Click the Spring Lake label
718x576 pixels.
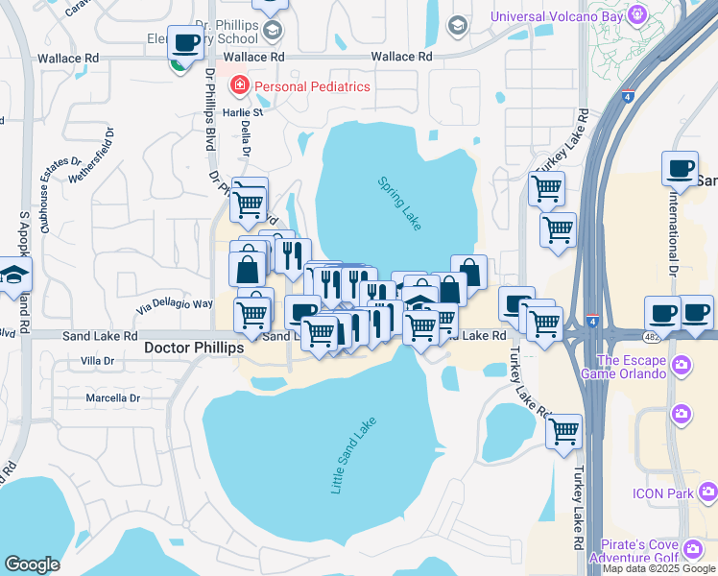click(x=399, y=203)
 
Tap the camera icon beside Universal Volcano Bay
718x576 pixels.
click(x=636, y=15)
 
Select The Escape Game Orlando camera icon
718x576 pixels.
click(x=681, y=366)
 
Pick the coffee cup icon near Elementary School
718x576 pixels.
click(x=184, y=43)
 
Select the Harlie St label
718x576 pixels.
click(x=245, y=112)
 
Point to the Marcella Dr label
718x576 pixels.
click(x=110, y=397)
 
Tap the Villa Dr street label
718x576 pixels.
click(x=97, y=362)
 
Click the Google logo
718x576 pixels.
click(x=32, y=564)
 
